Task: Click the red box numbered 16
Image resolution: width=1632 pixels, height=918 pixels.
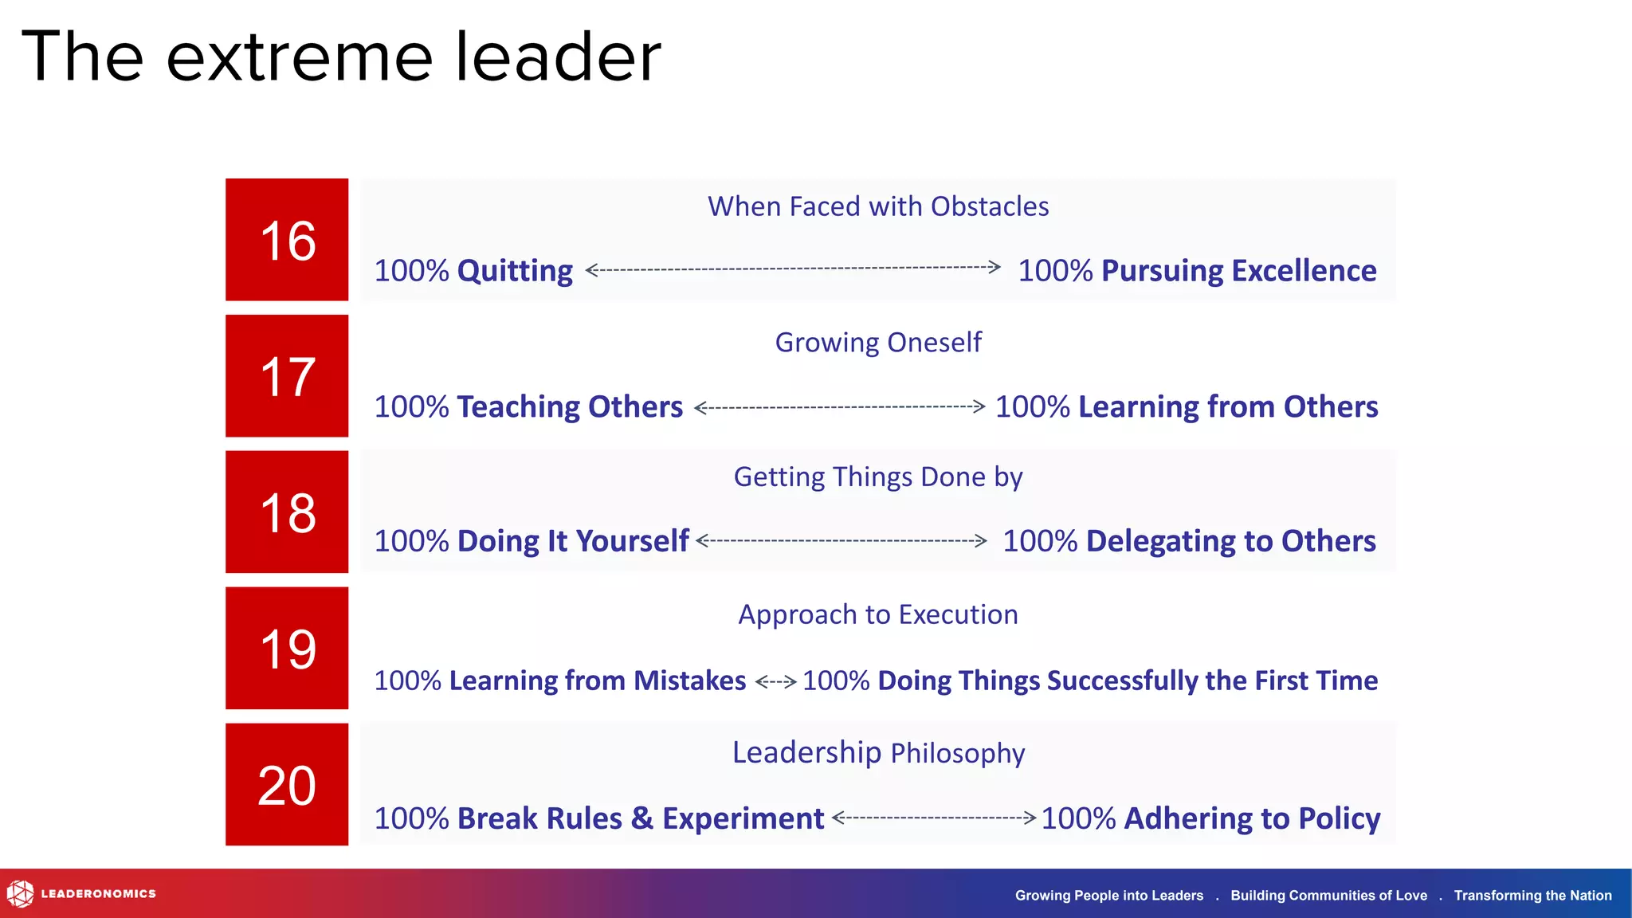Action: [287, 240]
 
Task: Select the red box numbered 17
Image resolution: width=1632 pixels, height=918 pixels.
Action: [287, 376]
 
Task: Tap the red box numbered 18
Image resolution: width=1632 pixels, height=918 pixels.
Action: [287, 512]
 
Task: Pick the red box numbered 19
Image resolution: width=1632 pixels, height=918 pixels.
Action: [287, 649]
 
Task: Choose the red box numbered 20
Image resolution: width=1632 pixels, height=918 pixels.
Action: [287, 785]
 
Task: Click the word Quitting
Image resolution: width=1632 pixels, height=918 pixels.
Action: [515, 271]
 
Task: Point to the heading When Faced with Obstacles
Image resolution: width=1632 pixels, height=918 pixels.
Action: [878, 206]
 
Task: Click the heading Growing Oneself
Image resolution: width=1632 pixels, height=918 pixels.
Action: [878, 343]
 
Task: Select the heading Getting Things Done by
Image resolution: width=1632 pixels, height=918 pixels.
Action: [878, 477]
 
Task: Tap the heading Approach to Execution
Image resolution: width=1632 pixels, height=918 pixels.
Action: [878, 614]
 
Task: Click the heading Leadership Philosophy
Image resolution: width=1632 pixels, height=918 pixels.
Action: [878, 753]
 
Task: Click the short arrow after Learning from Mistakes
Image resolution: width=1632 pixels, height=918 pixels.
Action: [775, 681]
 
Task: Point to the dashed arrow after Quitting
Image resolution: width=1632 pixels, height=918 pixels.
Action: [793, 269]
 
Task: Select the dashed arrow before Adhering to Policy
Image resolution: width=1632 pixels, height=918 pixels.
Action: [934, 817]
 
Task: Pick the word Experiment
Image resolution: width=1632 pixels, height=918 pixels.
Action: [743, 818]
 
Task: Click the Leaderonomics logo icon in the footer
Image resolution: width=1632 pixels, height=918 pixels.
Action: [20, 894]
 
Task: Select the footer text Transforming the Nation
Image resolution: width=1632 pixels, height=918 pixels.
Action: [1532, 896]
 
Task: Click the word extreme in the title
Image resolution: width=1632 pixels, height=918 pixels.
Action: [299, 57]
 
